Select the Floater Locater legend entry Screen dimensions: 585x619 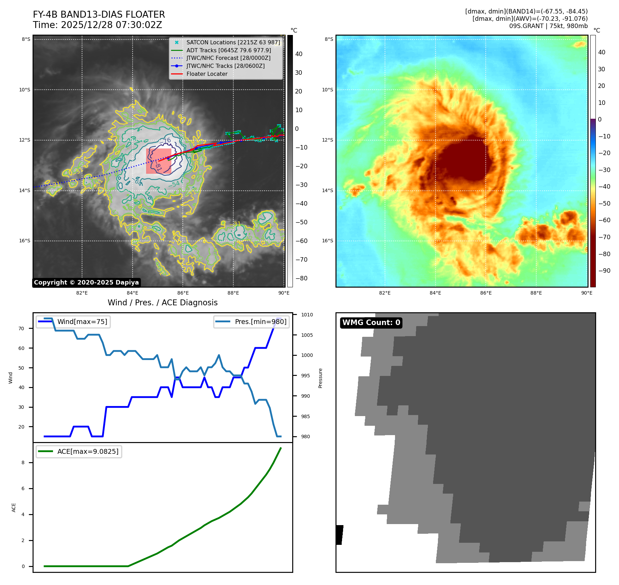(x=207, y=74)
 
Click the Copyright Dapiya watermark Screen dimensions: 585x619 (x=86, y=282)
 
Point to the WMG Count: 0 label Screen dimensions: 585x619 (x=371, y=323)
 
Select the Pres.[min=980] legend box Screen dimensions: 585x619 (x=252, y=322)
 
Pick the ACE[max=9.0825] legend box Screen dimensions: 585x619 (x=79, y=451)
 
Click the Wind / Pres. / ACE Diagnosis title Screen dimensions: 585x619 (x=163, y=303)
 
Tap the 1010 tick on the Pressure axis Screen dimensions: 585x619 (x=307, y=315)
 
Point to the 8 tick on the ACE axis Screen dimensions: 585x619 (x=23, y=462)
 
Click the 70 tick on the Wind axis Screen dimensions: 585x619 (x=21, y=328)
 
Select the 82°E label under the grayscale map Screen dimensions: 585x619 (x=82, y=293)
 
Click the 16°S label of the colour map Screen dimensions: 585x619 (x=328, y=241)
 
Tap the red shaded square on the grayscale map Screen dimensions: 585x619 (x=159, y=161)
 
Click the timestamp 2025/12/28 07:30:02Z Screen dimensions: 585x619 (x=111, y=25)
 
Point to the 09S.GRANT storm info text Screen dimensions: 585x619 (x=548, y=26)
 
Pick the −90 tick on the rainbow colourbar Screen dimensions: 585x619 (x=604, y=271)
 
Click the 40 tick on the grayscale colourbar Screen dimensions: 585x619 (x=299, y=54)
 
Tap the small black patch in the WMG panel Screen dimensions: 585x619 (x=339, y=535)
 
